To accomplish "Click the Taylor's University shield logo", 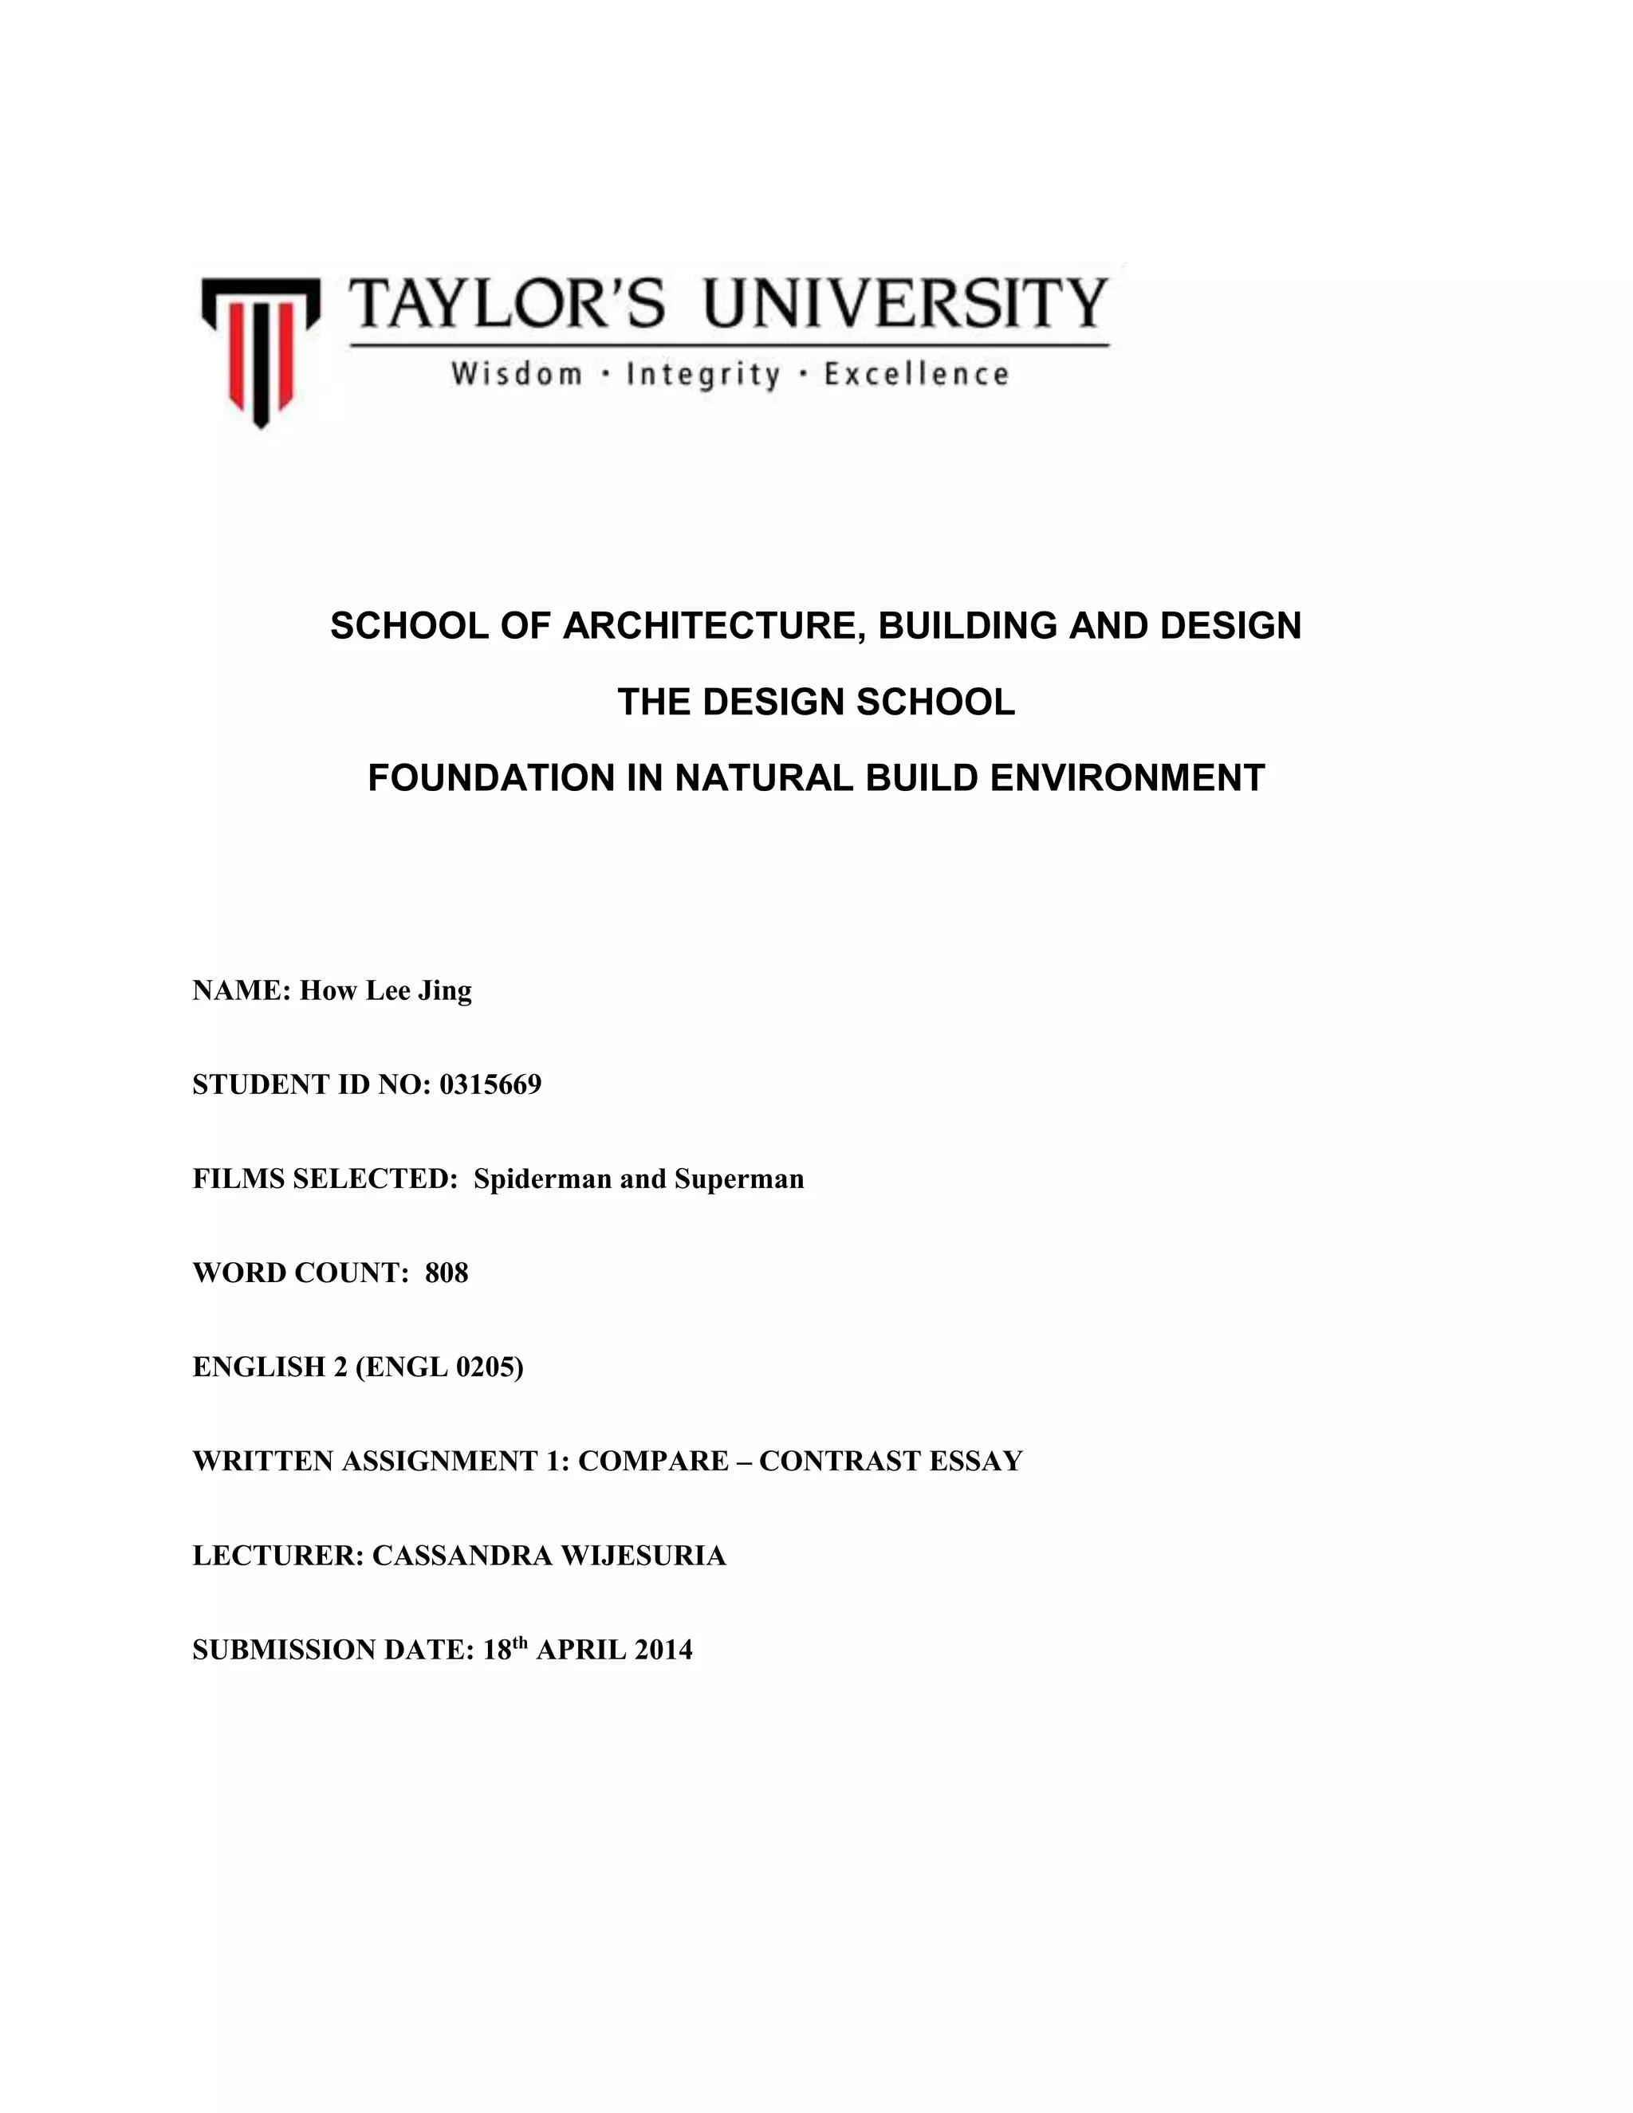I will click(x=259, y=350).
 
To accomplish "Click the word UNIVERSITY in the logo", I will click(x=904, y=304).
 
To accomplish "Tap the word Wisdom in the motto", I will click(x=517, y=375).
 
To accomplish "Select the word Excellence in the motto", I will click(x=916, y=375).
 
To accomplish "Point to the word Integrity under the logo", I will click(x=703, y=376).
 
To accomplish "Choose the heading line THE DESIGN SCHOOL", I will click(x=816, y=702).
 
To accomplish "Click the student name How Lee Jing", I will click(x=385, y=990).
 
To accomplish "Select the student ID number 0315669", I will click(x=490, y=1084).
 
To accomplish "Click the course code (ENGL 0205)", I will click(x=439, y=1366).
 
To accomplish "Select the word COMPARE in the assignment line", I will click(x=653, y=1460).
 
